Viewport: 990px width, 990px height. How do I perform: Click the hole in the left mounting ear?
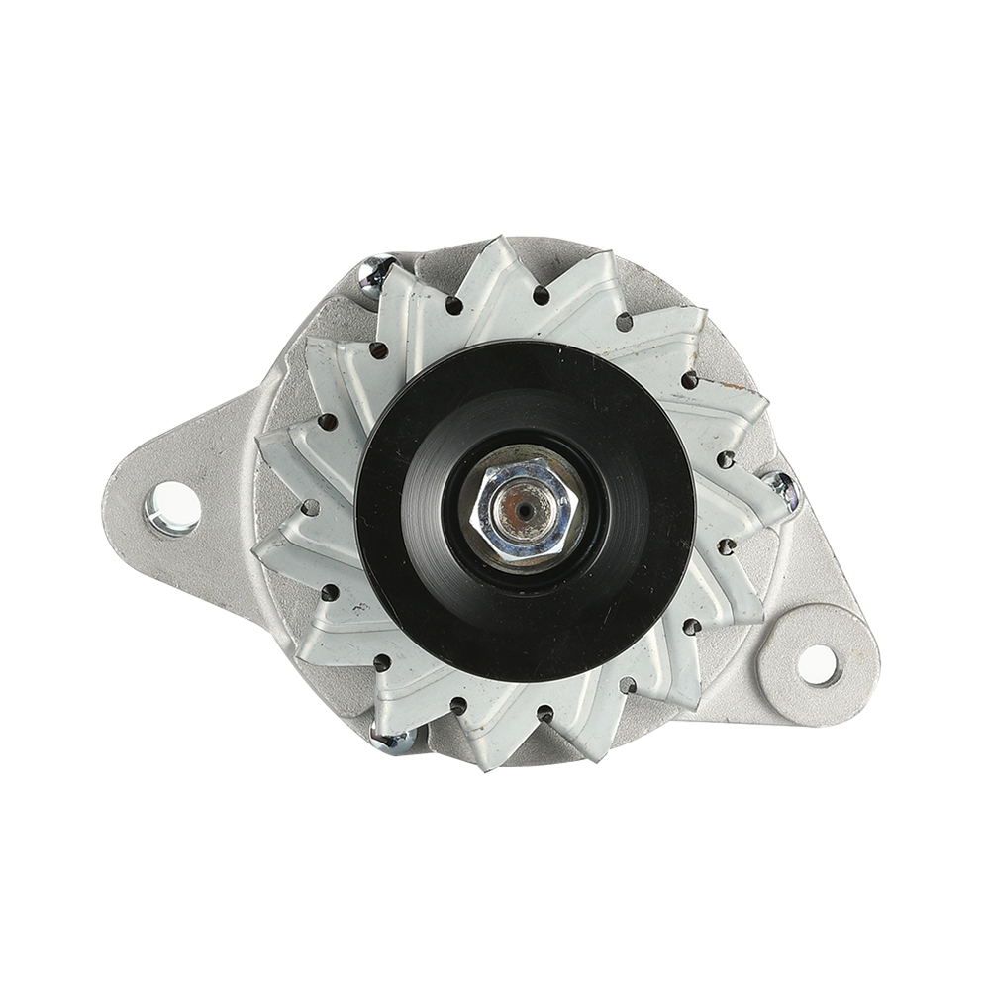click(172, 508)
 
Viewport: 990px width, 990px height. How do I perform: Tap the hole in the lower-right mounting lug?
click(818, 663)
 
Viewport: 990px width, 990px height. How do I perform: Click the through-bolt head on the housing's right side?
click(781, 487)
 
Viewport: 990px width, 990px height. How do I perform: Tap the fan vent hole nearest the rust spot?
click(690, 380)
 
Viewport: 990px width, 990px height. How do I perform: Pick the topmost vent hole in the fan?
click(542, 294)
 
